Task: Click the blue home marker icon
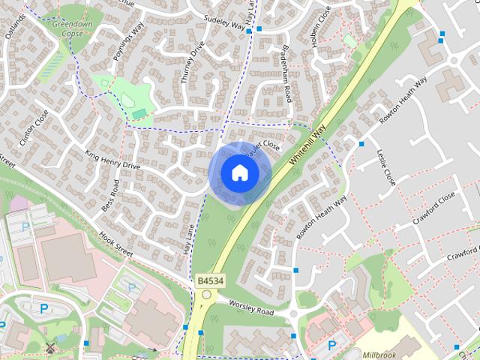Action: point(239,172)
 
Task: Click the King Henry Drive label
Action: point(112,160)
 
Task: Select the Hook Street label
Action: point(115,244)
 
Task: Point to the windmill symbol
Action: point(51,347)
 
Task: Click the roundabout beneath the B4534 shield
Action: point(205,295)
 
